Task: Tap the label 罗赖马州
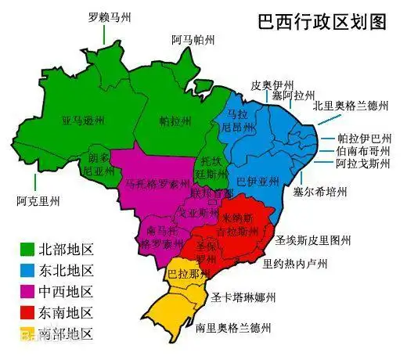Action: point(109,16)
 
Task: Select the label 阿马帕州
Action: point(193,41)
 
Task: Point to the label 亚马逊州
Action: point(84,122)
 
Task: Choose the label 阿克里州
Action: point(38,201)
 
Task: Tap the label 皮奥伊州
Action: point(272,83)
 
